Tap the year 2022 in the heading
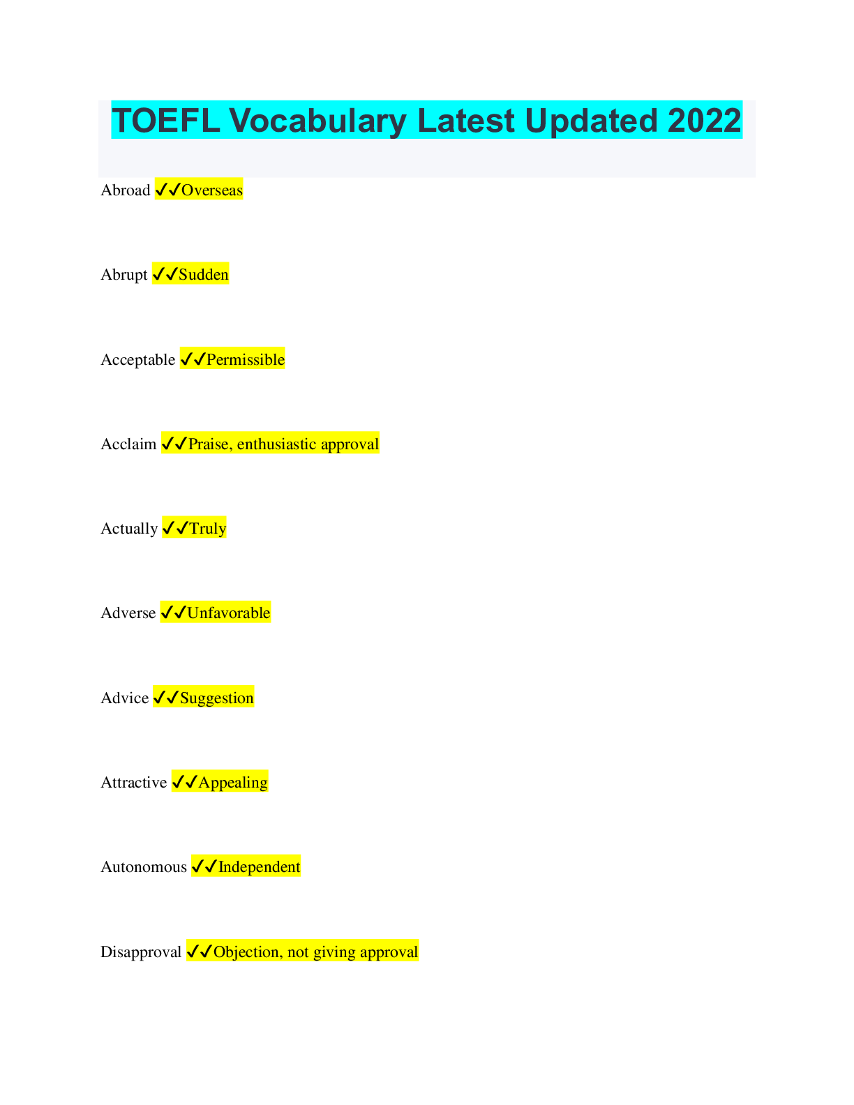(704, 121)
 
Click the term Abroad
(126, 190)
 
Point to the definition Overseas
(212, 190)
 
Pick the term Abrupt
(124, 275)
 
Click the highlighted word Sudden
(204, 275)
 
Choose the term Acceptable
(138, 360)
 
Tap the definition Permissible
(246, 360)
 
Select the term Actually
(129, 529)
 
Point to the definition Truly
(208, 529)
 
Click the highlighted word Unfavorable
(229, 613)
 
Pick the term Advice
(125, 698)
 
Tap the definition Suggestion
(217, 698)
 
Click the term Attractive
(134, 783)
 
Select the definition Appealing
(233, 783)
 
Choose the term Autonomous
(144, 867)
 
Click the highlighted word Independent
(260, 867)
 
